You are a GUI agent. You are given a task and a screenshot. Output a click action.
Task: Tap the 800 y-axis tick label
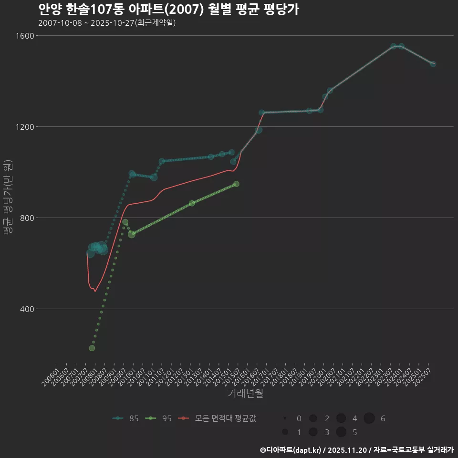(x=27, y=218)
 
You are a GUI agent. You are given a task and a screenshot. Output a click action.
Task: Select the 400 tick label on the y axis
(x=27, y=309)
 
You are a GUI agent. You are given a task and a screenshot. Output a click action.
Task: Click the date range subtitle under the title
(x=107, y=23)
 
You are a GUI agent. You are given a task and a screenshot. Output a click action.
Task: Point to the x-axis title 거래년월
(x=246, y=394)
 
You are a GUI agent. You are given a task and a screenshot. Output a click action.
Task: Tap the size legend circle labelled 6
(x=369, y=418)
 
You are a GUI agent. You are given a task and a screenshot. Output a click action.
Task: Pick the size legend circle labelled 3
(x=313, y=432)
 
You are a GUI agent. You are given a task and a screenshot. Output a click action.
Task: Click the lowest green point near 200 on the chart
(x=92, y=348)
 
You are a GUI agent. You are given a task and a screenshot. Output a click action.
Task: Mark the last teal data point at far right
(x=433, y=64)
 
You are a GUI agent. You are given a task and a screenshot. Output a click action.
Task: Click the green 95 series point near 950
(x=236, y=184)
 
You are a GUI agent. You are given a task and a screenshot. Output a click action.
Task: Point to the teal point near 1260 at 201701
(x=261, y=113)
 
